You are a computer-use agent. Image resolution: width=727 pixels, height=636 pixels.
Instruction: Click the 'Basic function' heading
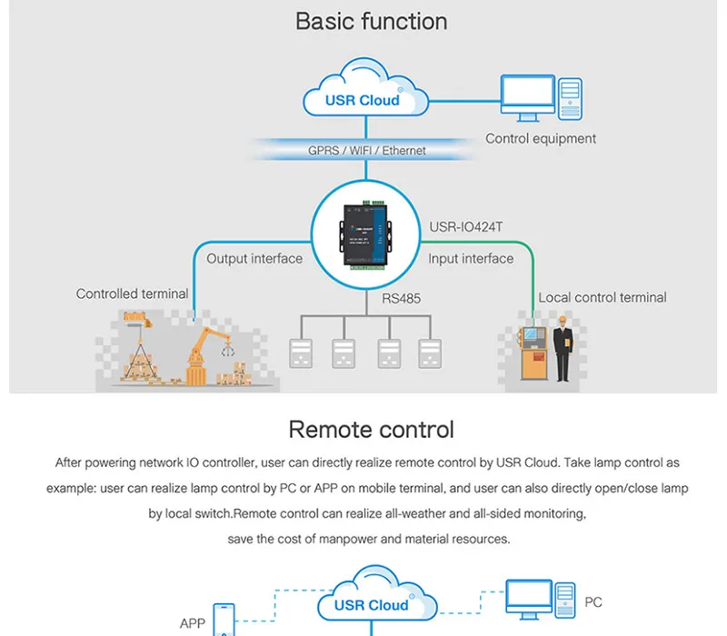pos(371,22)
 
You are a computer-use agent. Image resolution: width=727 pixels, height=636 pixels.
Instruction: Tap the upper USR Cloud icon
pos(363,91)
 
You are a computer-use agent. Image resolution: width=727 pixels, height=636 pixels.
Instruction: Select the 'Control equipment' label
pos(541,139)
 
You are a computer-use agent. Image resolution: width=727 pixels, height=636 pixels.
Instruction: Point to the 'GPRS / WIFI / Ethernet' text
pos(366,150)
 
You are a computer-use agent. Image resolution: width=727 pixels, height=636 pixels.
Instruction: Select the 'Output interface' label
pos(254,259)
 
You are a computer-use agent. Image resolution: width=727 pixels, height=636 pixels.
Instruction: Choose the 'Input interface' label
pos(471,259)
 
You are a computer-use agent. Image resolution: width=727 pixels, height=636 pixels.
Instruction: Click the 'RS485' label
pos(402,298)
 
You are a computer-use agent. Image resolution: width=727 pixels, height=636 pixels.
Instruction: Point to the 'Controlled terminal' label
pos(133,294)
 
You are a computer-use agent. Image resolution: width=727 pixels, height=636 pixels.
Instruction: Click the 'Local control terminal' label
pos(602,298)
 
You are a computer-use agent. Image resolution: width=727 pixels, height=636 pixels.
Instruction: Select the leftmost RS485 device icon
pos(301,353)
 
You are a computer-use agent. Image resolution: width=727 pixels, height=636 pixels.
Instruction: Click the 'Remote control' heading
pos(371,429)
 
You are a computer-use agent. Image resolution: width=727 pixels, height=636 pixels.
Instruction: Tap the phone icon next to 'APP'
pos(224,620)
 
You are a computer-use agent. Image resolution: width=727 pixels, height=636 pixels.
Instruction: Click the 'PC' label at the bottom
pos(593,602)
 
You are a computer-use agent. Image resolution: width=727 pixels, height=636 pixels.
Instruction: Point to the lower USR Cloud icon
pos(372,600)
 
